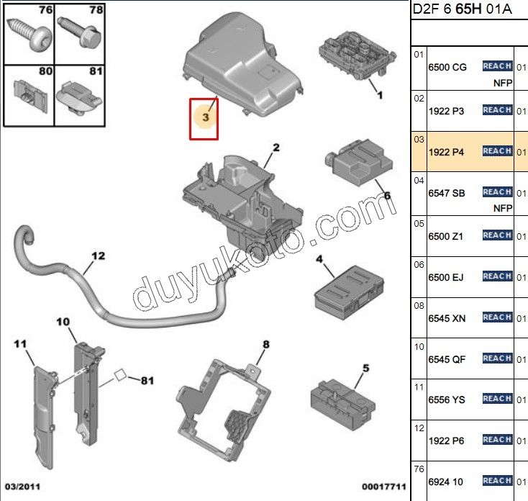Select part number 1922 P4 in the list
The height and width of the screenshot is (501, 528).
click(x=446, y=152)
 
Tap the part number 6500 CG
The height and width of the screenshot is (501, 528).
click(x=447, y=67)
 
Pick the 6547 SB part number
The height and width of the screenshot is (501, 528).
click(x=446, y=193)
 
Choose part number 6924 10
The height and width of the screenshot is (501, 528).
click(x=445, y=481)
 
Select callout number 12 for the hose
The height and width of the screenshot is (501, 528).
click(x=98, y=255)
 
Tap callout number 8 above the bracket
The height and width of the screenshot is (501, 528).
click(x=265, y=345)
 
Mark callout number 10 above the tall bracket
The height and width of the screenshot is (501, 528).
click(x=62, y=321)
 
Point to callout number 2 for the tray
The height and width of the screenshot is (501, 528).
click(x=275, y=148)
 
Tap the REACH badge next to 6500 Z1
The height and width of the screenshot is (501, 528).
click(x=497, y=235)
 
